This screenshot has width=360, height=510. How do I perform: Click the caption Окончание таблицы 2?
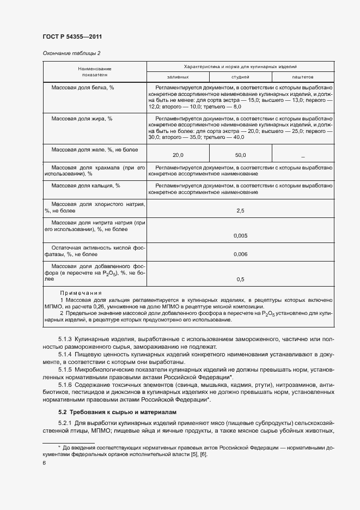[x=71, y=53]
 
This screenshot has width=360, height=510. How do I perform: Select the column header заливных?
[x=178, y=77]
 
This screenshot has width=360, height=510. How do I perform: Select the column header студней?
[x=240, y=77]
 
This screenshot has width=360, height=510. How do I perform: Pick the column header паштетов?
[x=302, y=77]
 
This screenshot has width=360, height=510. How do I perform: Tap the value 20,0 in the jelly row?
[x=178, y=155]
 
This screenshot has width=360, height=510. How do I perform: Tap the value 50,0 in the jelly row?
[x=240, y=155]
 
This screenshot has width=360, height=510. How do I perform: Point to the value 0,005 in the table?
[x=240, y=235]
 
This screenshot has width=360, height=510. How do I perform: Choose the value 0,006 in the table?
[x=240, y=254]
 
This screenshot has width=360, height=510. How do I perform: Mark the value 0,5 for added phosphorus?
[x=240, y=280]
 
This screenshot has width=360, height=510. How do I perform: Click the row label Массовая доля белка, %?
[x=82, y=87]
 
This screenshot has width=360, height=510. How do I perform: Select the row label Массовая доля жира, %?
[x=82, y=118]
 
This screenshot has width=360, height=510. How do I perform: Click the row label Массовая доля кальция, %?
[x=86, y=186]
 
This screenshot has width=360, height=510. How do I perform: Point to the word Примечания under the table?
[x=81, y=293]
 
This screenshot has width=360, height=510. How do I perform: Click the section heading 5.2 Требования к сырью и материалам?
[x=117, y=412]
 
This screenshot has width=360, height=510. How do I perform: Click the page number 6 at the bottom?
[x=44, y=463]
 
